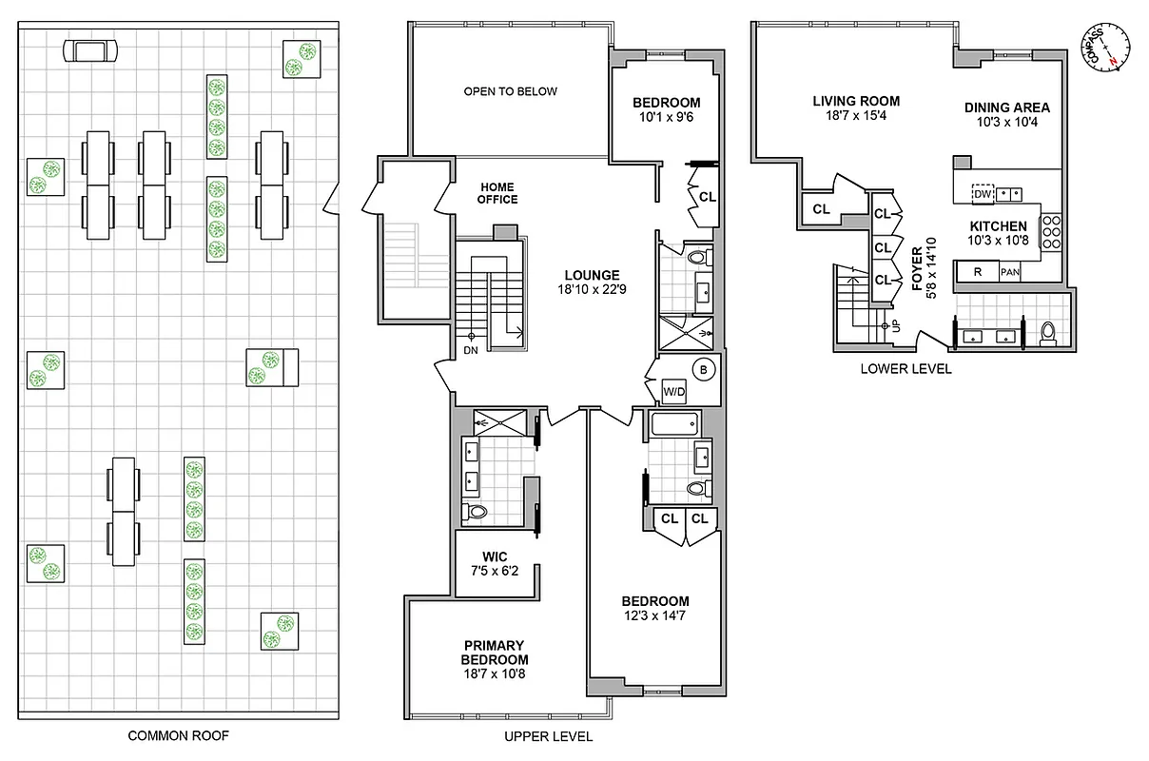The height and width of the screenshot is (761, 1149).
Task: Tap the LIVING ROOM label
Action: coord(856,101)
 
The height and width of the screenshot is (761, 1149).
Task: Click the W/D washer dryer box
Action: coord(674,391)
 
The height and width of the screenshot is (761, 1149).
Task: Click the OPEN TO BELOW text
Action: coord(511,92)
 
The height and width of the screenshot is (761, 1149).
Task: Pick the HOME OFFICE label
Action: coord(498,193)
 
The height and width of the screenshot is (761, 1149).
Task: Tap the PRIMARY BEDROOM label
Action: coord(495,653)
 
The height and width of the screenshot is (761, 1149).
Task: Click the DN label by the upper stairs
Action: coord(471,349)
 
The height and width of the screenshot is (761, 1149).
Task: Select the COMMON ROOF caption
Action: coord(179,735)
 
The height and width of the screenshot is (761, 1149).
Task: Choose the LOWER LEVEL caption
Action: coord(906,369)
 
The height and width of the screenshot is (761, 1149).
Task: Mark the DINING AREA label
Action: coord(1007,107)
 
